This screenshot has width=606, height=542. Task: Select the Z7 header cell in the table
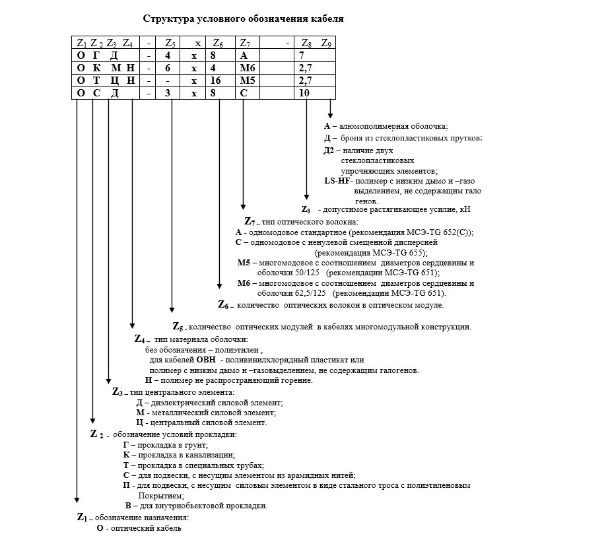pyautogui.click(x=244, y=43)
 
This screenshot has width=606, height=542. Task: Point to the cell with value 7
pyautogui.click(x=301, y=55)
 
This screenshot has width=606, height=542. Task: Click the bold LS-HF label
pyautogui.click(x=337, y=181)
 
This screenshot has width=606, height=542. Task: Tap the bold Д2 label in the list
pyautogui.click(x=329, y=151)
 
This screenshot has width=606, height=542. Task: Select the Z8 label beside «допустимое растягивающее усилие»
pyautogui.click(x=307, y=209)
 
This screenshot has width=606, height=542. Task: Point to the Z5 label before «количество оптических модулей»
pyautogui.click(x=179, y=327)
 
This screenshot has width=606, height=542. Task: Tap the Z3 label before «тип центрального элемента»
pyautogui.click(x=118, y=392)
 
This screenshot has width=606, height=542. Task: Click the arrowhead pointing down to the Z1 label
pyautogui.click(x=77, y=499)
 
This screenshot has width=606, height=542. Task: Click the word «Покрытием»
pyautogui.click(x=160, y=495)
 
